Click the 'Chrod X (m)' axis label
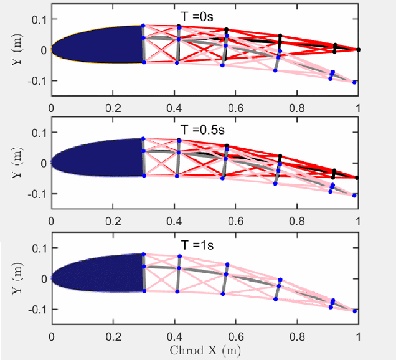pyautogui.click(x=204, y=350)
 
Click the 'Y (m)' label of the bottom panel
pyautogui.click(x=18, y=278)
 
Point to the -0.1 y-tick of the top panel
pyautogui.click(x=38, y=80)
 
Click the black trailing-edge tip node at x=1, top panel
pyautogui.click(x=358, y=50)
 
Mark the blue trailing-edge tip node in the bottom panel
pyautogui.click(x=354, y=311)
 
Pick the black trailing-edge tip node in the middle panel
pyautogui.click(x=357, y=178)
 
